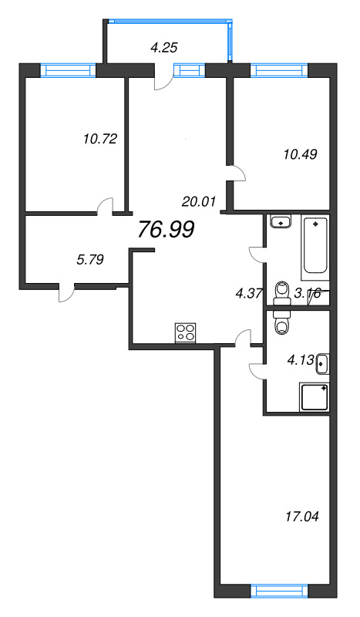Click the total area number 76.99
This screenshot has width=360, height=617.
pos(166,229)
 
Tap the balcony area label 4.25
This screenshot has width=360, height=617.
pos(164,48)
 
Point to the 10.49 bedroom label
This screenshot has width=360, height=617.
pos(300,153)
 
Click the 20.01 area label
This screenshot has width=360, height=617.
pos(197,202)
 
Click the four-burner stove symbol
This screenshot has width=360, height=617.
pos(185,332)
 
